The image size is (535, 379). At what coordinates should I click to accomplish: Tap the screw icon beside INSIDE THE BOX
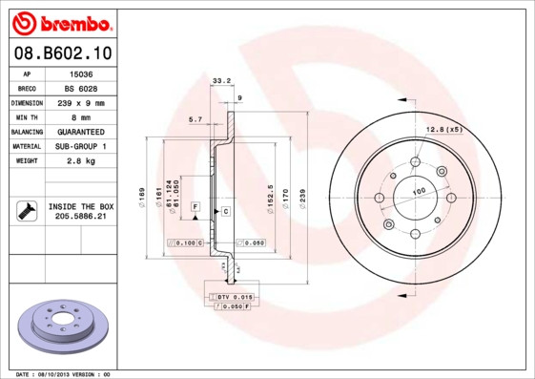26,211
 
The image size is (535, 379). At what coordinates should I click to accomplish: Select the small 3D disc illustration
63,327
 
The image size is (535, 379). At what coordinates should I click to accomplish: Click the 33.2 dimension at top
221,81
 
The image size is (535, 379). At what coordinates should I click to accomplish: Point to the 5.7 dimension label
195,119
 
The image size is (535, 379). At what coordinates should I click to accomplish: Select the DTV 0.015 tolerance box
233,298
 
